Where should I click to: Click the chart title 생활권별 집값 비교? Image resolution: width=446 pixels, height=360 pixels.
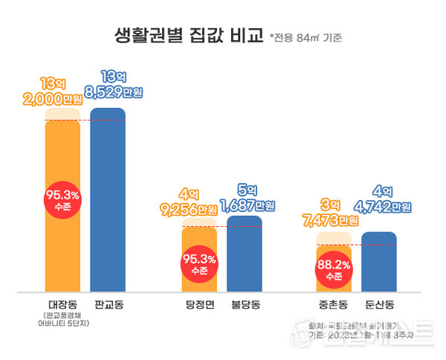[x=189, y=35]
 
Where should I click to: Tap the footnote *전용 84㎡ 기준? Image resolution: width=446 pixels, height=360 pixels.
[x=306, y=36]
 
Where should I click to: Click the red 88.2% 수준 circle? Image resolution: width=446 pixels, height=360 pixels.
[x=334, y=269]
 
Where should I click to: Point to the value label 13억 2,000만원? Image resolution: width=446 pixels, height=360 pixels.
[x=62, y=93]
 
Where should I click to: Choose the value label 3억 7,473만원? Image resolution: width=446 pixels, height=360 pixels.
[x=333, y=213]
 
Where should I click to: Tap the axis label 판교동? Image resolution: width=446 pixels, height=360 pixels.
[x=109, y=304]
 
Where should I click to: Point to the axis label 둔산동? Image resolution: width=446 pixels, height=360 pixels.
[x=380, y=304]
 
